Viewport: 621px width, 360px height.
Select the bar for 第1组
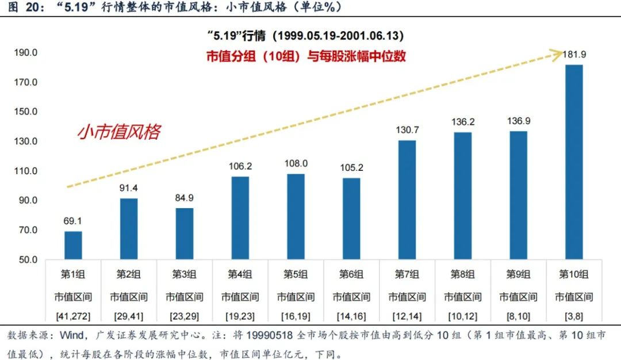tap(73, 245)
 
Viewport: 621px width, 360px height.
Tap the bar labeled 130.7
tap(407, 200)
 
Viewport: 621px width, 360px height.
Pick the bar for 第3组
tap(185, 233)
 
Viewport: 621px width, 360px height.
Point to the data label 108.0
tap(296, 163)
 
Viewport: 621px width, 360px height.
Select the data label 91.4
tap(129, 187)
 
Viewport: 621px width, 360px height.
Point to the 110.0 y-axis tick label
tap(26, 171)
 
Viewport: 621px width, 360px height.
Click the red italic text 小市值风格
tap(118, 132)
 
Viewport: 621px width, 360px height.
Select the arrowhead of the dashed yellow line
tap(556, 54)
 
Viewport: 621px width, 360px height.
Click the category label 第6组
tap(351, 274)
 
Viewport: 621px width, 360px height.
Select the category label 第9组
tap(518, 274)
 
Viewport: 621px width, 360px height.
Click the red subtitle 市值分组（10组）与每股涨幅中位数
tap(306, 56)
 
